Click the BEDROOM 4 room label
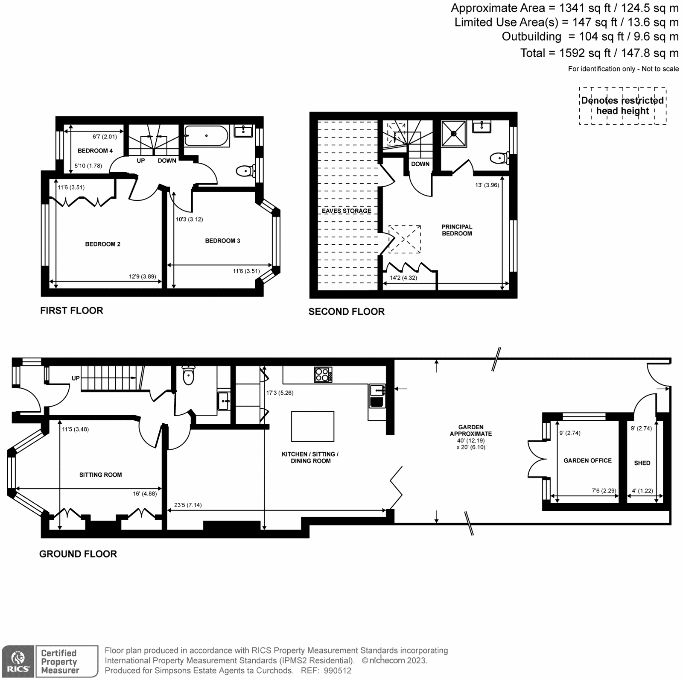pos(95,151)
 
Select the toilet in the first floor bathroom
pos(245,171)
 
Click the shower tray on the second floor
pos(454,133)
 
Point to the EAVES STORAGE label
pos(346,211)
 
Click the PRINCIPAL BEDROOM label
pos(457,230)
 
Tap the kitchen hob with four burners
pos(323,375)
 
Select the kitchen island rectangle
pos(312,426)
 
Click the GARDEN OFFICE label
pos(587,460)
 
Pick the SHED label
pos(642,463)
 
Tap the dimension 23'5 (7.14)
pos(188,505)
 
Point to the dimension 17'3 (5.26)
pos(280,393)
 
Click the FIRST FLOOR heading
pos(72,311)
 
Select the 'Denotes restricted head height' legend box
pos(622,106)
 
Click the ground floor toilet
pos(188,375)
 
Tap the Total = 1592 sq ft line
pos(599,53)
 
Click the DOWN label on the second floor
pos(420,164)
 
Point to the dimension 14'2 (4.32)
pos(403,278)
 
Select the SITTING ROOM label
pos(100,475)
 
